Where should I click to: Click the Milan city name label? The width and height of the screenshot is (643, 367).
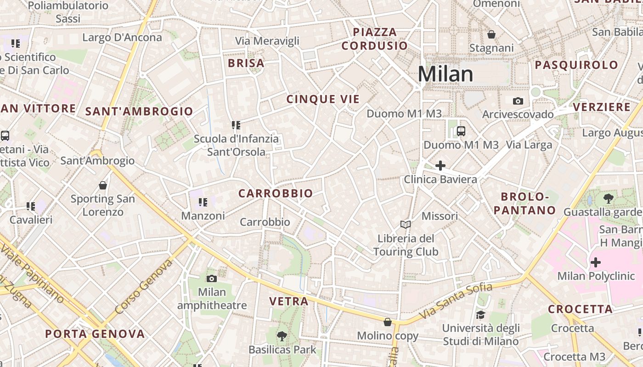click(445, 74)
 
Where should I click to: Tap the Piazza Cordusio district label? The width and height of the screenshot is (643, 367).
click(374, 39)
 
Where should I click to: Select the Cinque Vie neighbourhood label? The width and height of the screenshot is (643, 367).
click(323, 99)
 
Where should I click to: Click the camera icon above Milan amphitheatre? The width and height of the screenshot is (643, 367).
click(212, 278)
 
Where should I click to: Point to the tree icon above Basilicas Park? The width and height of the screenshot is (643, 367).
click(282, 336)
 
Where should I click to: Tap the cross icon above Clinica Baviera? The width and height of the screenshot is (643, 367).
click(440, 166)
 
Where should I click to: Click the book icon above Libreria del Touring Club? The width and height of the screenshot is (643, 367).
click(405, 224)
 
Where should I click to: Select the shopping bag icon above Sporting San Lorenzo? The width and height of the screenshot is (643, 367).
click(103, 185)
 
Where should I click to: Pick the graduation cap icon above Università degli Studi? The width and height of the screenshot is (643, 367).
click(480, 315)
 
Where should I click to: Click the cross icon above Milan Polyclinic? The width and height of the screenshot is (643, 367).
click(595, 263)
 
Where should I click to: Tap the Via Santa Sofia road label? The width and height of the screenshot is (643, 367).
click(456, 301)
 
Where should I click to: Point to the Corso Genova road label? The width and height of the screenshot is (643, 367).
click(143, 287)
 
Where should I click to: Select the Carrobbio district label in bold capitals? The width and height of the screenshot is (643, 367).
click(276, 194)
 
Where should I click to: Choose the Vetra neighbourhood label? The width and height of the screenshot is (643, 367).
click(288, 301)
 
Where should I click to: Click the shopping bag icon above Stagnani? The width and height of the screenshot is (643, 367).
click(491, 34)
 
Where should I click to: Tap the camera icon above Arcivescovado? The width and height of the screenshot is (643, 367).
click(518, 101)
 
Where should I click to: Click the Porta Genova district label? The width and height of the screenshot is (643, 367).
click(95, 334)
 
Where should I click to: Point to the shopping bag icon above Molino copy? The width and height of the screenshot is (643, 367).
click(388, 323)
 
